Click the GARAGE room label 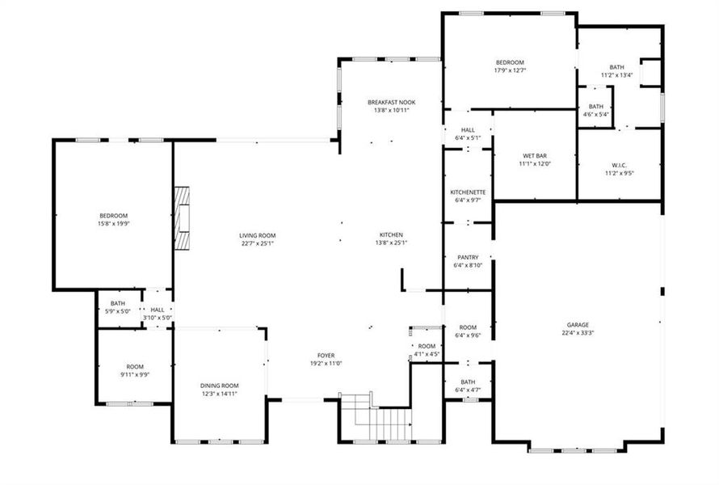pyautogui.click(x=577, y=324)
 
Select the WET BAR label pyautogui.click(x=534, y=156)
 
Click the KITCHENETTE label pyautogui.click(x=468, y=192)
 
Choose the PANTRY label pyautogui.click(x=468, y=257)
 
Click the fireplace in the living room pyautogui.click(x=183, y=219)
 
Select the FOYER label pyautogui.click(x=326, y=355)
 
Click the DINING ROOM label pyautogui.click(x=220, y=386)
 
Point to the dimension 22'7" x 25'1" pyautogui.click(x=257, y=243)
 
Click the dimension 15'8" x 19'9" pyautogui.click(x=114, y=223)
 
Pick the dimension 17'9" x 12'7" pyautogui.click(x=510, y=70)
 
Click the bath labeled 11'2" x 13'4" pyautogui.click(x=616, y=71)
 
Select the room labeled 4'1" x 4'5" pyautogui.click(x=427, y=349)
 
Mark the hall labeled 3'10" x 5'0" pyautogui.click(x=157, y=314)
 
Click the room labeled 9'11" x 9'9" pyautogui.click(x=134, y=370)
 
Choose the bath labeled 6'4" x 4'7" pyautogui.click(x=468, y=386)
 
